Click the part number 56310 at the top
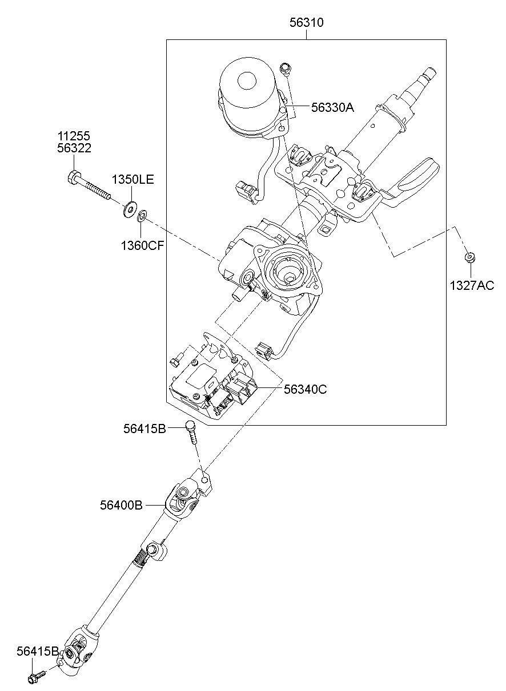tap(307, 23)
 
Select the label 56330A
tap(332, 107)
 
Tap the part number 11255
tap(74, 136)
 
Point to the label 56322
tap(74, 148)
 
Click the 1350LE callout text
tap(132, 180)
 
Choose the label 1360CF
tap(142, 245)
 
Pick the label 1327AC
tap(472, 285)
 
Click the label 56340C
tap(306, 389)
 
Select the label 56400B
tap(121, 506)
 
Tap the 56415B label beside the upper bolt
tap(145, 429)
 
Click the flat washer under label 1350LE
tap(130, 209)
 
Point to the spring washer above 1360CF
tap(142, 216)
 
